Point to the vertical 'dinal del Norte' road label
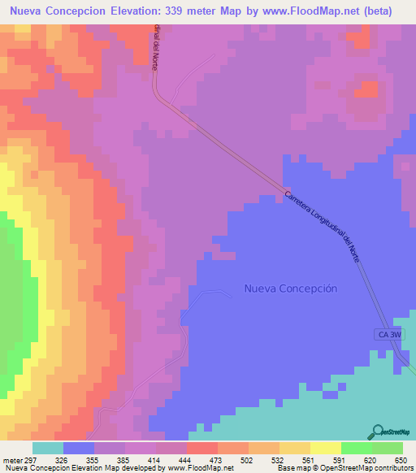pyautogui.click(x=155, y=47)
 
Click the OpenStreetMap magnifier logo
pyautogui.click(x=377, y=432)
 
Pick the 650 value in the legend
pyautogui.click(x=398, y=459)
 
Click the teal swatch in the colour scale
pyautogui.click(x=47, y=448)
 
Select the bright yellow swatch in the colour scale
pyautogui.click(x=325, y=448)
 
